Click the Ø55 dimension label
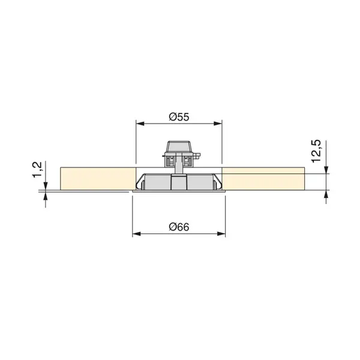[179, 118]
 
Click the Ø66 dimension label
[179, 226]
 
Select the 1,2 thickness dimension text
[37, 169]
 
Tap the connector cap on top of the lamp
[179, 146]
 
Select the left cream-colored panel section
[96, 179]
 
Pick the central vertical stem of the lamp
[179, 183]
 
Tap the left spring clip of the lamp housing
[140, 182]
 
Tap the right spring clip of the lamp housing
[217, 182]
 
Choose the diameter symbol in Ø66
[172, 226]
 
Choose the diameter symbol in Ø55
[172, 118]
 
